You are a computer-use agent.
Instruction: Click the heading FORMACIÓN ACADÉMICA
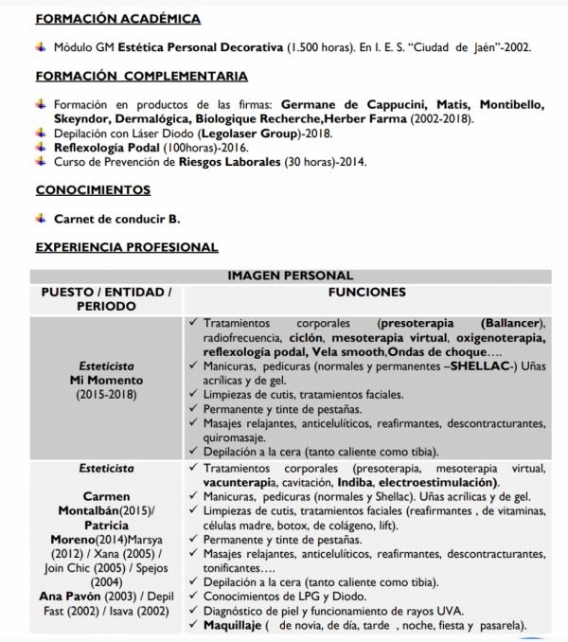[x=117, y=19]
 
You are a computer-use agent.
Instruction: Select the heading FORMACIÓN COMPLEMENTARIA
[x=142, y=76]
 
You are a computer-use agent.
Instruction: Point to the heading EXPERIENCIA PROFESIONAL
[x=127, y=247]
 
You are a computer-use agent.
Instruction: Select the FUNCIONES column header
[x=367, y=293]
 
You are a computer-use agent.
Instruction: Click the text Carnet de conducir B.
[x=117, y=219]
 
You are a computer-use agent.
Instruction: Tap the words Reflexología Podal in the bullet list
[x=107, y=149]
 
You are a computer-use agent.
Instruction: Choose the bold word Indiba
[x=355, y=482]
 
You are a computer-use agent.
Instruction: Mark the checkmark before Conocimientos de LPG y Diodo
[x=194, y=597]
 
